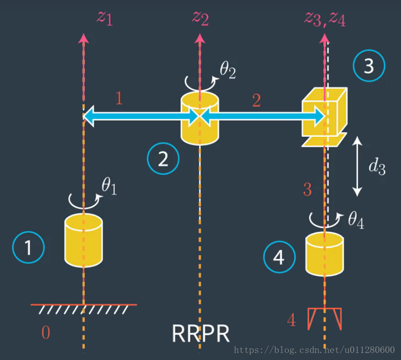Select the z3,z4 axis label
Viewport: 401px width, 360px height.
pos(325,18)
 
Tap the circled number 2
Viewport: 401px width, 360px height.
pos(163,159)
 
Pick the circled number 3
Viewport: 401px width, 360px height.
pos(368,66)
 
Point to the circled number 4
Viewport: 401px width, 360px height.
pos(279,257)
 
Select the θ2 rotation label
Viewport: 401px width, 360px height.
pos(227,71)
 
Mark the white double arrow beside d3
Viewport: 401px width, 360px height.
pos(357,166)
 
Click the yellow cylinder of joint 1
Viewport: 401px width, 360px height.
pos(84,239)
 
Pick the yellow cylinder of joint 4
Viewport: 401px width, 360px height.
pos(325,254)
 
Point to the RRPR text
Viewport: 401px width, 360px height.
pos(201,333)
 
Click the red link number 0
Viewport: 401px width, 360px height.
pos(45,332)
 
